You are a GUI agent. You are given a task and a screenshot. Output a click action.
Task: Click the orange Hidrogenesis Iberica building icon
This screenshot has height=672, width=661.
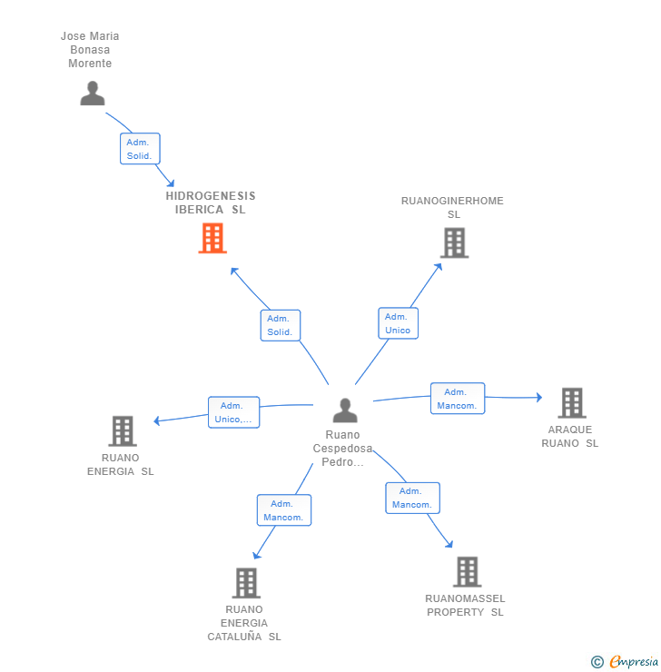pos(212,238)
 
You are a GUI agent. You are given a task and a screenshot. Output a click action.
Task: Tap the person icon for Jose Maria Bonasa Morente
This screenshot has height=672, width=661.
pos(93,93)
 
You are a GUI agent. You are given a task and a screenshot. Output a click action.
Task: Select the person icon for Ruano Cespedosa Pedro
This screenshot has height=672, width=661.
pos(345,410)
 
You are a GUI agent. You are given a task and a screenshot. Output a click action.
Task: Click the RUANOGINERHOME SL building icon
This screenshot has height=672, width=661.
pos(455,242)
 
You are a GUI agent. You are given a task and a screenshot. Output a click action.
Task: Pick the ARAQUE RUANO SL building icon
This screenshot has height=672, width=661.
pos(572,402)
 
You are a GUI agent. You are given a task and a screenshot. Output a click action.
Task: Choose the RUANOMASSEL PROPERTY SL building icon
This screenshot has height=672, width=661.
pos(468,572)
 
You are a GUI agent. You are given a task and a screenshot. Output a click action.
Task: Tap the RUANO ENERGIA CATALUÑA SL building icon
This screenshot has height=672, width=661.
pos(246,583)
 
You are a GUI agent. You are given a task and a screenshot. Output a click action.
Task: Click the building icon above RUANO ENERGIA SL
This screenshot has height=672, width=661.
pos(123,430)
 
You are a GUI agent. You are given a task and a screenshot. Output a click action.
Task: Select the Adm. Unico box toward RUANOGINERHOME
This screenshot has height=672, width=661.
pos(398,323)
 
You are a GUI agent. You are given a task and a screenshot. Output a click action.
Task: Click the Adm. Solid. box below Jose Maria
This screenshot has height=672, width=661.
pos(140,149)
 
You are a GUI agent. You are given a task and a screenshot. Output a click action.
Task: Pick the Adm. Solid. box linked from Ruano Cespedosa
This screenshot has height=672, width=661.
pos(281,325)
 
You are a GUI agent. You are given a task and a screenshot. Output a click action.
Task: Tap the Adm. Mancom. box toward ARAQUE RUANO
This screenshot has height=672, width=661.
pos(458,399)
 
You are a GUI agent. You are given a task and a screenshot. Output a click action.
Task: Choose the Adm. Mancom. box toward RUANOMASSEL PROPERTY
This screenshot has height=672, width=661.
pos(412,498)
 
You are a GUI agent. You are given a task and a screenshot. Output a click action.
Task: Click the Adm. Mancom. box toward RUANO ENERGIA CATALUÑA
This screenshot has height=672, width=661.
pos(284,510)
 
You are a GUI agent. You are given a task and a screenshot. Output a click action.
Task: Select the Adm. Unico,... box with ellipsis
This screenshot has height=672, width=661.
pos(234,412)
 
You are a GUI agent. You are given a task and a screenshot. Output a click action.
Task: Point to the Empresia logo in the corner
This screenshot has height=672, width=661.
pos(634,661)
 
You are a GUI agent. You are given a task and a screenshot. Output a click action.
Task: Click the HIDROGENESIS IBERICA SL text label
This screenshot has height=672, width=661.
pos(211,203)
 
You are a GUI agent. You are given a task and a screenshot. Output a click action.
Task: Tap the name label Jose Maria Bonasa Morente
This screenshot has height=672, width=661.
pos(90,50)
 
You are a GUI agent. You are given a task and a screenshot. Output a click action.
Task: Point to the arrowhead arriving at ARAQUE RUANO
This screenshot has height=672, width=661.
pos(539,397)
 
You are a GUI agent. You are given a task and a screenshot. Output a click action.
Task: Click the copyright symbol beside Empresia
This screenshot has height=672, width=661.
pos(597,662)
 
